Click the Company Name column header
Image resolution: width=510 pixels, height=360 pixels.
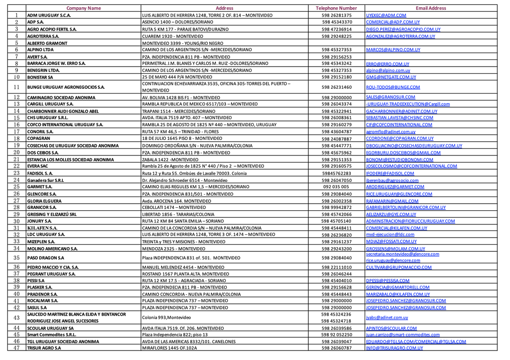(x=84, y=8)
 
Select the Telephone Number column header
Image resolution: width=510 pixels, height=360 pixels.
(x=336, y=8)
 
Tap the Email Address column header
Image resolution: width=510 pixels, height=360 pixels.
(x=431, y=8)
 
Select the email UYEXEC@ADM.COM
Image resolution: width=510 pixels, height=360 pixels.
(x=386, y=15)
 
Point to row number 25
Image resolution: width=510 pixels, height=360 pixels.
(x=17, y=187)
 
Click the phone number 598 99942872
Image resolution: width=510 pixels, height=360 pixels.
(x=336, y=207)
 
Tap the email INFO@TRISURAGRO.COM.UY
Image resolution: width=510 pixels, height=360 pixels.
(x=394, y=348)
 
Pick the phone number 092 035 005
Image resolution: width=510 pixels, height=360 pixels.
(x=336, y=187)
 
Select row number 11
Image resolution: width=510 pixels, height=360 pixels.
(x=17, y=87)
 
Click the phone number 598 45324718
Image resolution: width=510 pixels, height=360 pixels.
(x=336, y=321)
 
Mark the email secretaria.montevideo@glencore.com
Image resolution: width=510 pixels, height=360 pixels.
(x=402, y=254)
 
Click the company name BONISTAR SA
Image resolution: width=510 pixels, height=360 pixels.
(x=40, y=77)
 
